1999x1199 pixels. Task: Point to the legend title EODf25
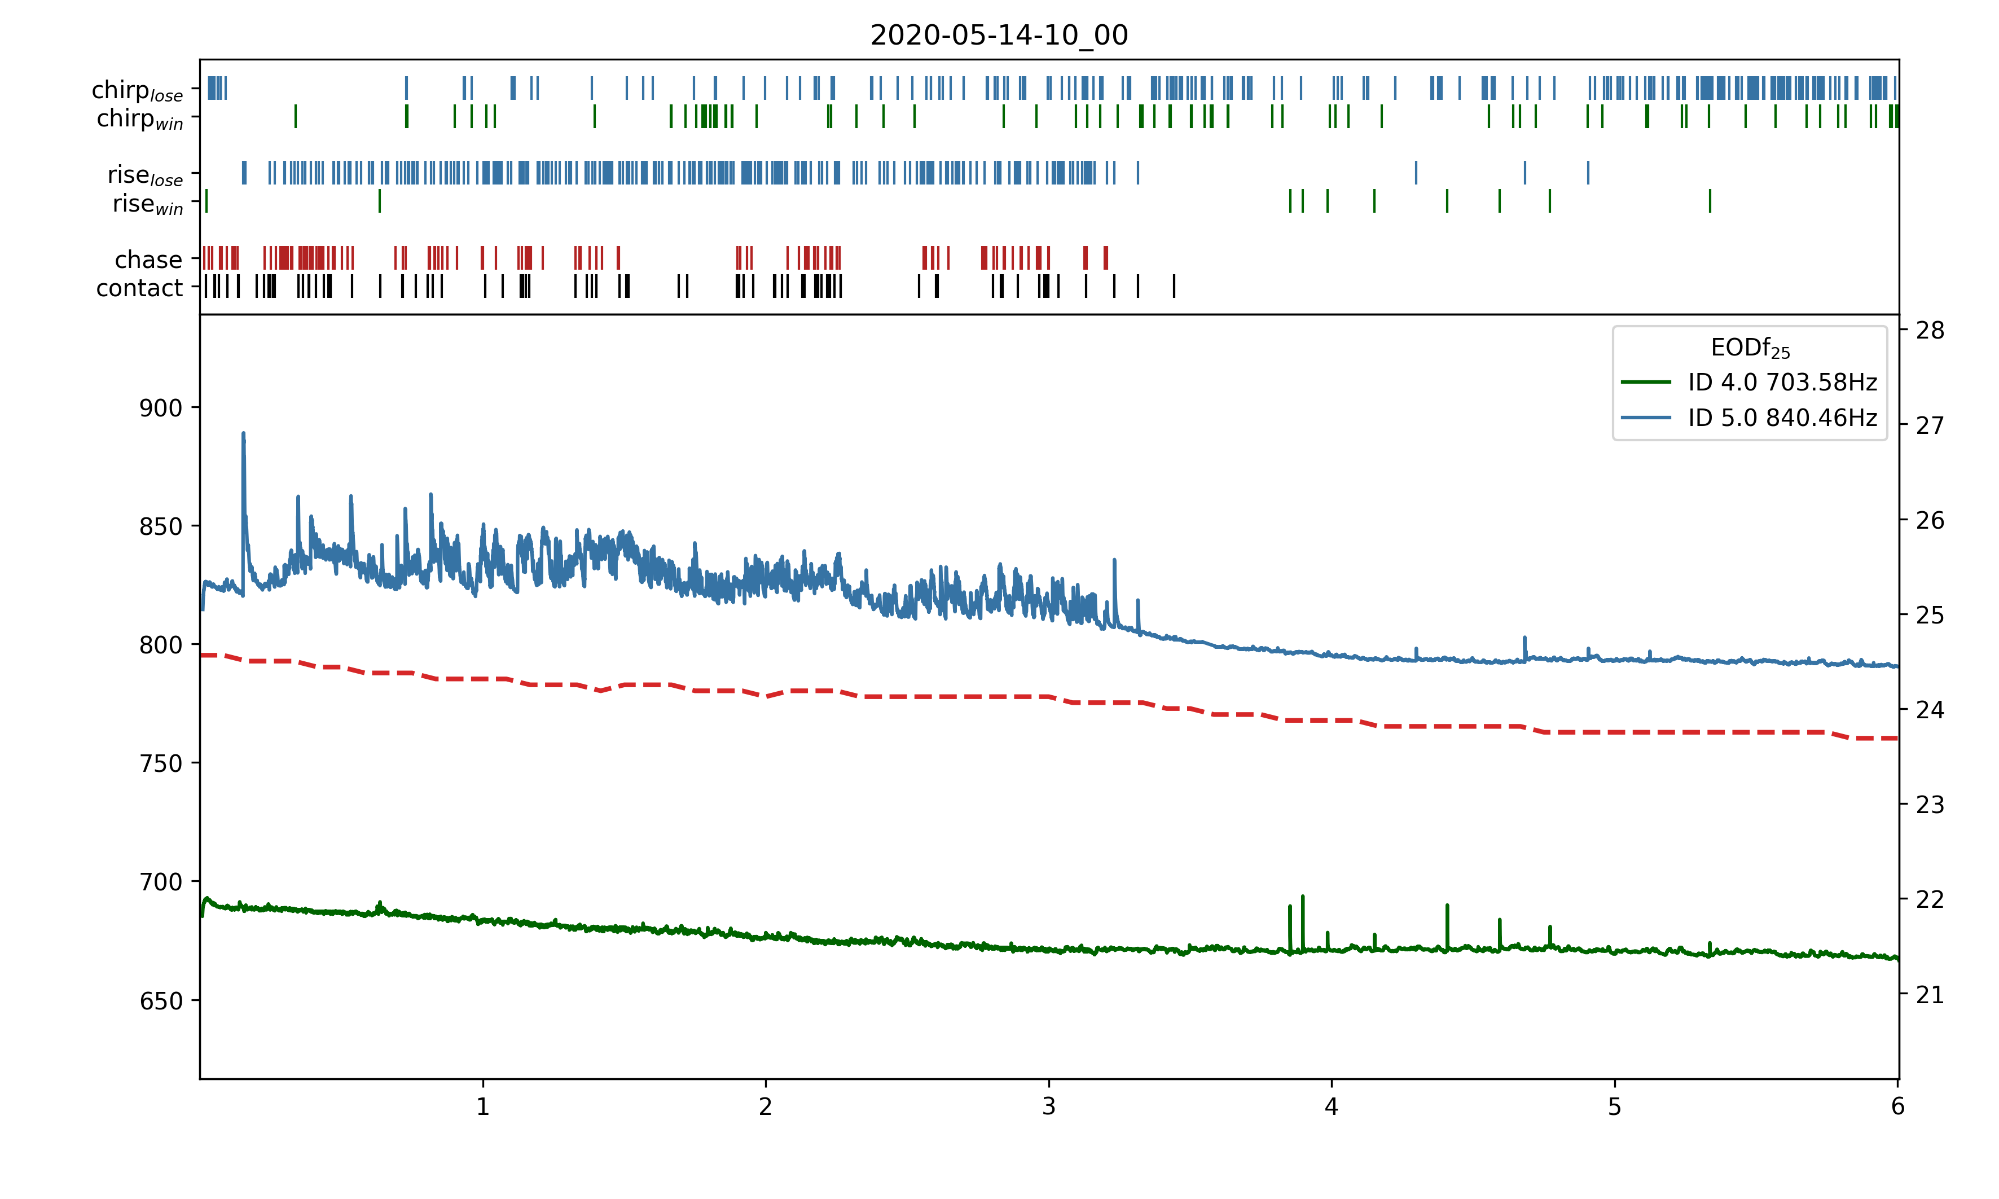[x=1750, y=348]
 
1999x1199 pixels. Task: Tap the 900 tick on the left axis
[x=161, y=408]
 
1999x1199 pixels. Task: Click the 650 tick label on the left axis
[x=161, y=1001]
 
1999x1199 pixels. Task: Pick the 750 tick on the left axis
[x=161, y=763]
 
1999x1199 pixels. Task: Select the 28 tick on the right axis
[x=1930, y=331]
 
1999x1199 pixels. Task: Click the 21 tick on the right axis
[x=1930, y=995]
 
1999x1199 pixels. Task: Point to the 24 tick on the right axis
[x=1930, y=710]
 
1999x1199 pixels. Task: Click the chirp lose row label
[x=137, y=90]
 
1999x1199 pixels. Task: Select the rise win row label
[x=148, y=204]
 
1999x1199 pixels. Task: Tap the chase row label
[x=148, y=260]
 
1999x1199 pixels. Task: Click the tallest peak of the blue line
[x=243, y=434]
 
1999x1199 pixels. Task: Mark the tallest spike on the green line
[x=1303, y=897]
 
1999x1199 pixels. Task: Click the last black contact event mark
[x=1174, y=286]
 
